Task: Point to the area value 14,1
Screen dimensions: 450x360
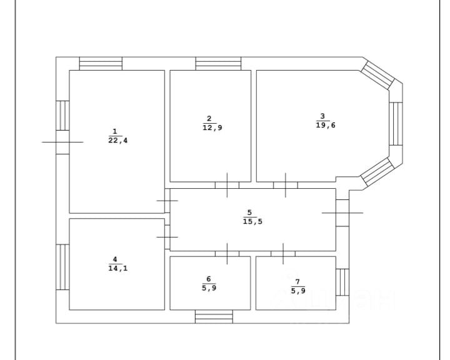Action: pos(114,268)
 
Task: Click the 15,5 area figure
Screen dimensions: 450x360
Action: pos(249,221)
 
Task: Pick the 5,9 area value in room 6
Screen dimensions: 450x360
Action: pos(209,288)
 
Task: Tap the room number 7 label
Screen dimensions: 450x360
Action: pos(298,280)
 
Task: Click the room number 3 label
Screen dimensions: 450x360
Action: pos(322,116)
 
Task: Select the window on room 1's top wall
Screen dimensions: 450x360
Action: pos(101,64)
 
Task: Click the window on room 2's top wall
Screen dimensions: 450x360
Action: pos(218,64)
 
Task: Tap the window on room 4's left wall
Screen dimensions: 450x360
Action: pos(62,267)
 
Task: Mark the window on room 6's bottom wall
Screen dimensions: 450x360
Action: pos(213,316)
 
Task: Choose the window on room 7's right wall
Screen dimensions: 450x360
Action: pos(342,282)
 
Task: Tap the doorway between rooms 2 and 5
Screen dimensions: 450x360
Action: pos(226,185)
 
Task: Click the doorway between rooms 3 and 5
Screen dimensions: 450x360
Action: pos(285,185)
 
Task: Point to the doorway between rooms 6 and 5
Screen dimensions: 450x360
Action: pos(227,253)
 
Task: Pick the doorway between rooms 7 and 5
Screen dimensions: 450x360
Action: pos(283,253)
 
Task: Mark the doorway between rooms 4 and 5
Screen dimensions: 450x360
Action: pos(167,237)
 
